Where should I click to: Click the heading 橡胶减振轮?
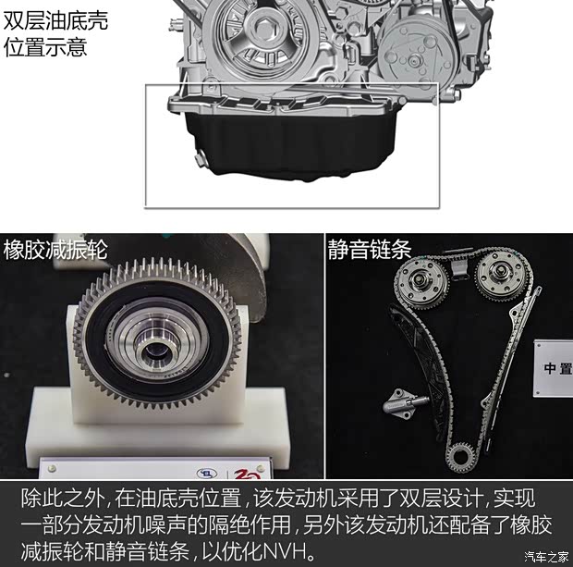[55, 250]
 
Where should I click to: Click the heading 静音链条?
[370, 250]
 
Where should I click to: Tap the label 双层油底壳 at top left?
[55, 20]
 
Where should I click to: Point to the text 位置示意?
[45, 46]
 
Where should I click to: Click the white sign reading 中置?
[555, 368]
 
